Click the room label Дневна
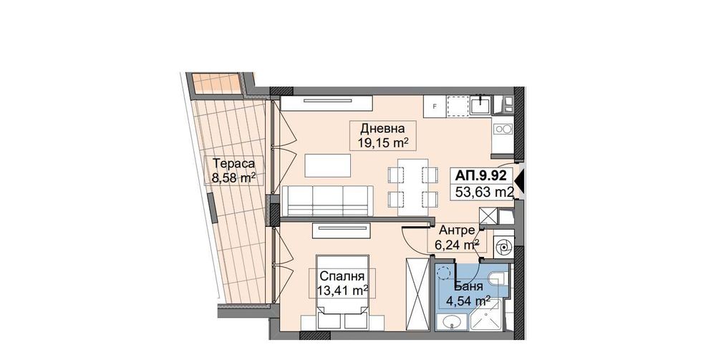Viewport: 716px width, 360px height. pos(383,129)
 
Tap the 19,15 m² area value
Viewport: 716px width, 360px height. pos(383,143)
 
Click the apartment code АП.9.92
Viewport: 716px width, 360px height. pos(483,174)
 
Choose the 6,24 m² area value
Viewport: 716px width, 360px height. pos(456,244)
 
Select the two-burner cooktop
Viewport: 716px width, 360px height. pos(503,130)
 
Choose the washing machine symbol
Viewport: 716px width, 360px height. pos(503,247)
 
